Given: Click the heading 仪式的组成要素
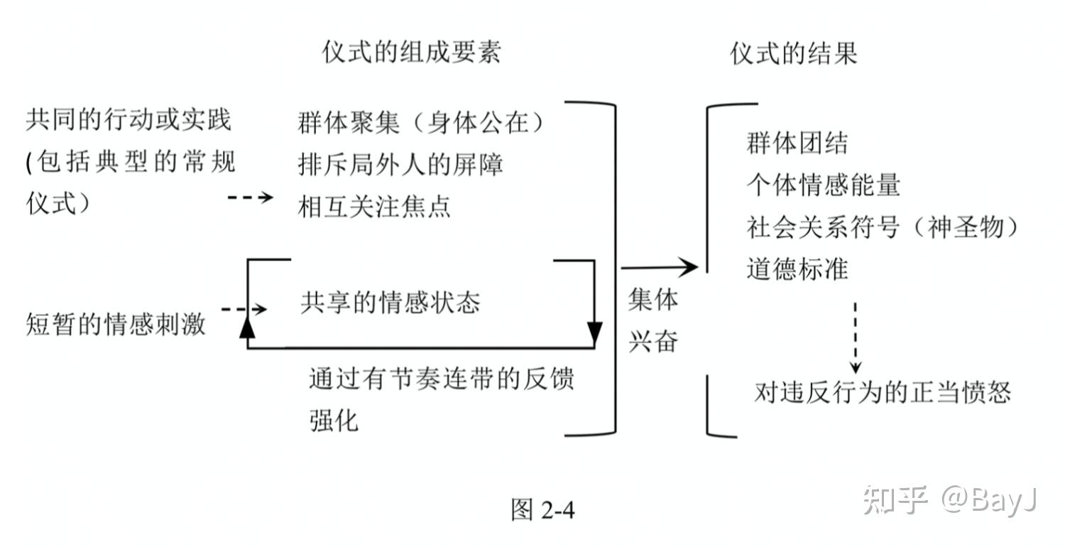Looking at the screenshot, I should [412, 53].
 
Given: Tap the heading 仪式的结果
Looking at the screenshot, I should [794, 54].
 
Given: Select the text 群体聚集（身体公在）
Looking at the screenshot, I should [422, 123].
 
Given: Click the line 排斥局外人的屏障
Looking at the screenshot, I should [401, 165].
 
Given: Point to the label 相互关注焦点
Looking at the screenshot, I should [374, 207].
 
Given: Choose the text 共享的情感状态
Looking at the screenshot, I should [390, 303].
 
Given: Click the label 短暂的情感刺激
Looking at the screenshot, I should [116, 325].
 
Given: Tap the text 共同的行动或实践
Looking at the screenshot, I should [129, 119].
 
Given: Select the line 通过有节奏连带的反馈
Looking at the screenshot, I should [441, 378].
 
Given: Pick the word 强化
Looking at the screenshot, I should [334, 421].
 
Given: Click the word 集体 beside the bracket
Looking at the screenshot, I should [652, 300].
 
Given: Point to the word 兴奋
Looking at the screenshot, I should [652, 342].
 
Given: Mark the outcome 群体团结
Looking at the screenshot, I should [797, 143].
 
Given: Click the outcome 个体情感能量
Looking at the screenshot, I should [823, 185].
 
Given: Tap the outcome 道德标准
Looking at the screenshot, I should [797, 269].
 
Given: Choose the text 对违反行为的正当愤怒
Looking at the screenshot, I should [883, 392].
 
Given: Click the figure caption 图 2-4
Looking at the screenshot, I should [542, 509].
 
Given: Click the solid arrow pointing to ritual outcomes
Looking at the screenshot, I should [660, 267].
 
